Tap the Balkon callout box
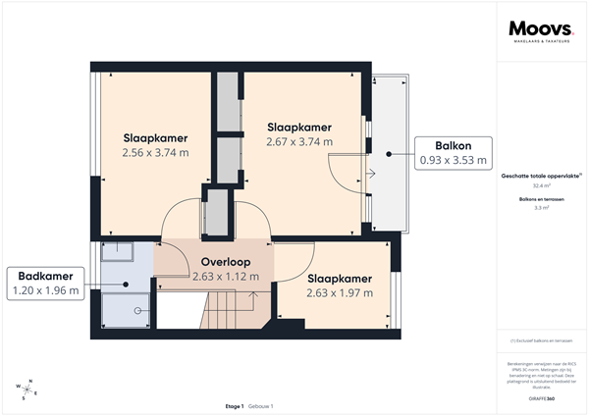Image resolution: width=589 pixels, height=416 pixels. click(x=453, y=152)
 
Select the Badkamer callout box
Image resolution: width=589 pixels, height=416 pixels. click(x=44, y=284)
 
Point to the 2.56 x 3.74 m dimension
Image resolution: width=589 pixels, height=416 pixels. click(x=155, y=153)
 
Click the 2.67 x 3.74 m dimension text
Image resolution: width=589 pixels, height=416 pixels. click(x=299, y=142)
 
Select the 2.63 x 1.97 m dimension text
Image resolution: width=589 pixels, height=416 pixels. click(x=339, y=292)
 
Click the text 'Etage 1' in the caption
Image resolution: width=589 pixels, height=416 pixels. click(x=234, y=405)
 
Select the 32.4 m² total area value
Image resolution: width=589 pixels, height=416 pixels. click(x=541, y=185)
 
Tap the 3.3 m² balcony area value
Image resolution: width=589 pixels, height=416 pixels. click(x=541, y=208)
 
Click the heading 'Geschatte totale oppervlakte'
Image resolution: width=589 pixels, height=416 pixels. click(x=541, y=175)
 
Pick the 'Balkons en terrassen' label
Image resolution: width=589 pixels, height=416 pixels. click(x=541, y=199)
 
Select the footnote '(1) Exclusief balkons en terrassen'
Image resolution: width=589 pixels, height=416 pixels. click(x=541, y=340)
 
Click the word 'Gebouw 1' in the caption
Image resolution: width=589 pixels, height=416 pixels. click(x=260, y=405)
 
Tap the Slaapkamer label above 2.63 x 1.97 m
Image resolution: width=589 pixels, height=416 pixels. click(x=339, y=278)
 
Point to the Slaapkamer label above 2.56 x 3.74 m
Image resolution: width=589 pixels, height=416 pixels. click(x=155, y=138)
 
